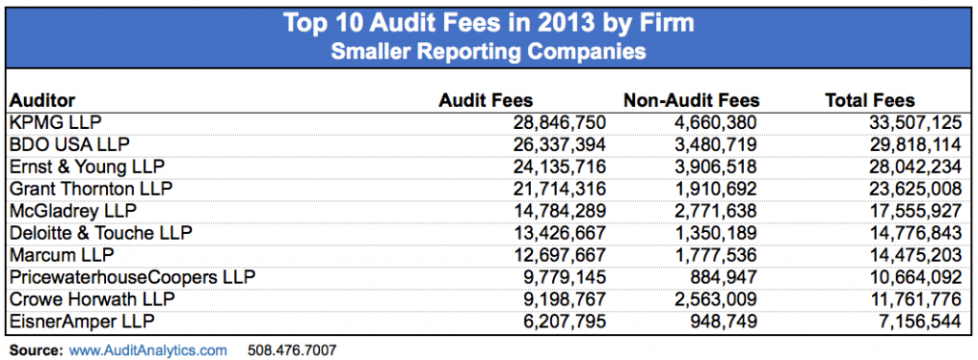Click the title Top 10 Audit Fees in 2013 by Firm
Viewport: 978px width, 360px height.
489,23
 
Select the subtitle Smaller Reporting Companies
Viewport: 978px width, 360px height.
489,50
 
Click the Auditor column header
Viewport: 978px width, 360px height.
42,100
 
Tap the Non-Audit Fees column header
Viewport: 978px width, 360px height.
691,100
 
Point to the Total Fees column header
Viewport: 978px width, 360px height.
869,100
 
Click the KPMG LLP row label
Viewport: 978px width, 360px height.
54,123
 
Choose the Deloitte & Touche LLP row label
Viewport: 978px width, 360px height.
100,232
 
